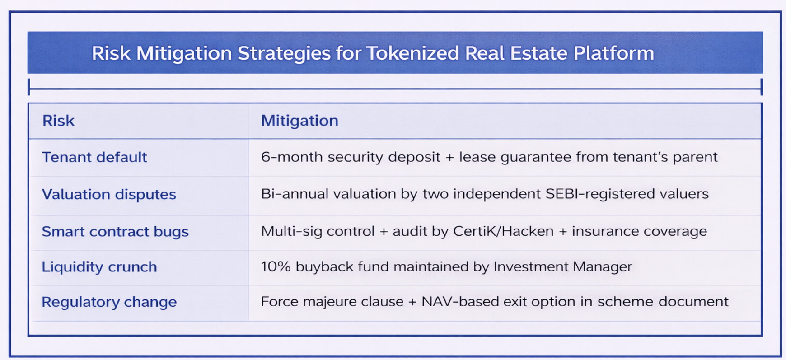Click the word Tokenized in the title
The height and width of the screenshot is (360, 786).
[412, 53]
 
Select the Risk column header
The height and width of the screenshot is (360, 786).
[58, 121]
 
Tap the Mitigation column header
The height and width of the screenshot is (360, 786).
[299, 121]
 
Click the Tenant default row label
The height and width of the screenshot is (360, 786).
[94, 157]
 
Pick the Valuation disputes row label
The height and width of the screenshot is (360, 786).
[109, 194]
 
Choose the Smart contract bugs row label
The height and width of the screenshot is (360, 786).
[115, 231]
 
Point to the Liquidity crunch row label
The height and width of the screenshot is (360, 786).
[99, 266]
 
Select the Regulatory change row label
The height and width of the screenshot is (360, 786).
[109, 302]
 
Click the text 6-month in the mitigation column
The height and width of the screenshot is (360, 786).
[291, 157]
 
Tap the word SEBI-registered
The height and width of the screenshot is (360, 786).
[599, 194]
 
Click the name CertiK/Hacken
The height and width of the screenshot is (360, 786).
[503, 231]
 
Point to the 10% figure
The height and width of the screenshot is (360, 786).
[276, 266]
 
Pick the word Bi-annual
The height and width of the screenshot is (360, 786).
[294, 194]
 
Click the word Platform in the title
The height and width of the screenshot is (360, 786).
[613, 53]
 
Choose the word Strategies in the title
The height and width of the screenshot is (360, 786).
[284, 53]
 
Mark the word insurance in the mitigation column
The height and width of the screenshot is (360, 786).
[605, 231]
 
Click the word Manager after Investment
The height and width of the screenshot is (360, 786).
[602, 266]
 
